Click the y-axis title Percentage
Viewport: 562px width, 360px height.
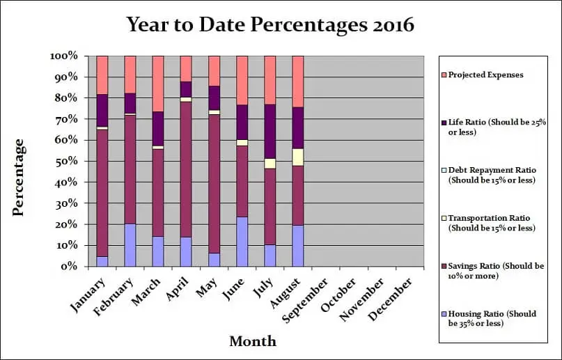pos(19,177)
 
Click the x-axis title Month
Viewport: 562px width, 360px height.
pos(253,341)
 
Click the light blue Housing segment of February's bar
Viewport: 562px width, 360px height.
pos(130,245)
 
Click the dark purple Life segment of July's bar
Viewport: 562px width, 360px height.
pos(270,132)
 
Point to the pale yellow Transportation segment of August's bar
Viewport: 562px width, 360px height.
pos(297,157)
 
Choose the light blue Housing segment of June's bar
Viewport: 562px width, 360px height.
pos(242,242)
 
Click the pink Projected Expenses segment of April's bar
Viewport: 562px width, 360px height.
pos(186,68)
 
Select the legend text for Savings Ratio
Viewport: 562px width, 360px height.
pos(492,270)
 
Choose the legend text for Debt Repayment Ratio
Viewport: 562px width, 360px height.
pos(492,174)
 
